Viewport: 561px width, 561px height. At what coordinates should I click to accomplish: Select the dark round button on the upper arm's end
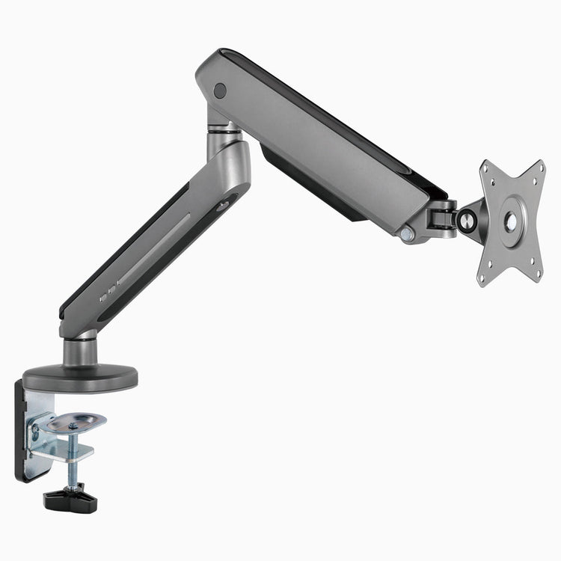[219, 91]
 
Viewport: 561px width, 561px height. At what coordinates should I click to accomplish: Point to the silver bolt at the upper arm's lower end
[406, 235]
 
